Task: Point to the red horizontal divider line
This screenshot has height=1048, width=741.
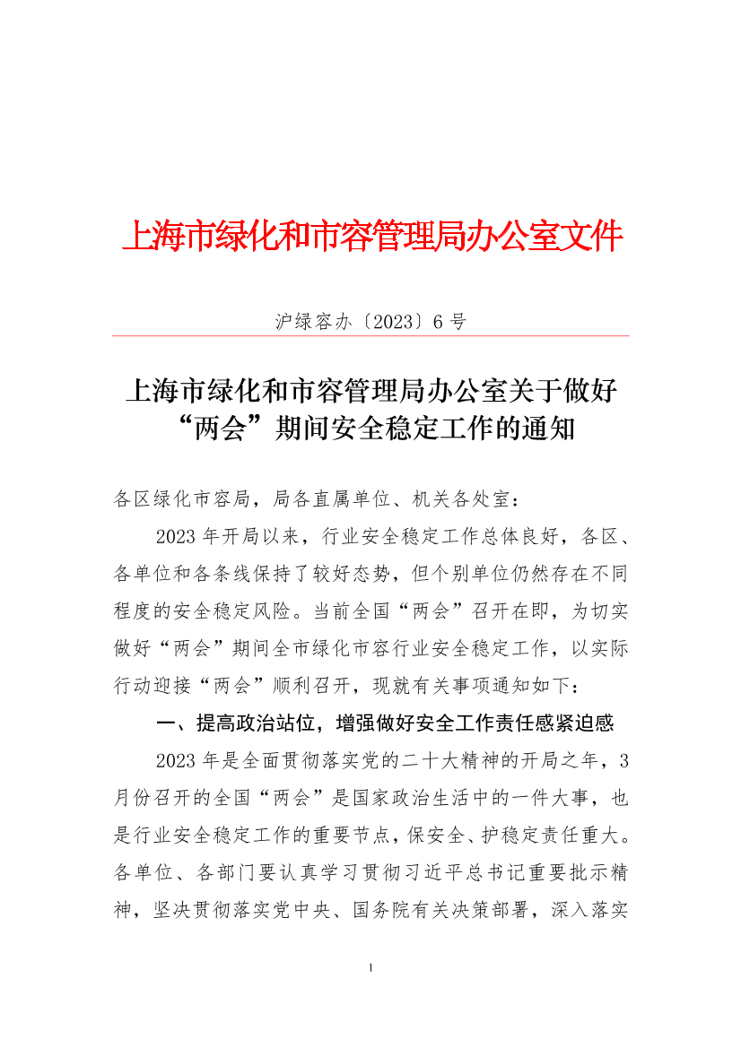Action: click(x=370, y=336)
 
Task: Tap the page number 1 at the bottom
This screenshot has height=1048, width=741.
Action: click(x=370, y=968)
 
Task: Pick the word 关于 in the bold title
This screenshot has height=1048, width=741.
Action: click(x=540, y=392)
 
